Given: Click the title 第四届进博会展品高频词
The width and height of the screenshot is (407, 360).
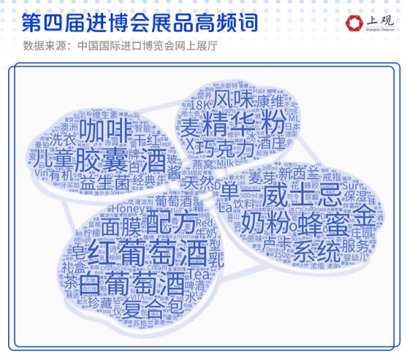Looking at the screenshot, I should (x=140, y=22).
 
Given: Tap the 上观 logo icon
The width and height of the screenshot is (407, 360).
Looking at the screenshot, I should (x=353, y=24).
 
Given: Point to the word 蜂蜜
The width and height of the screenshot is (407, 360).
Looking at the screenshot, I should (x=319, y=224).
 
